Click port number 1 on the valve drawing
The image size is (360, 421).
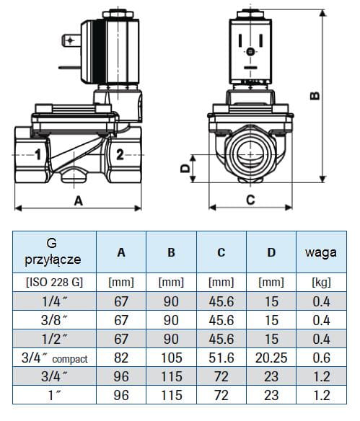38,155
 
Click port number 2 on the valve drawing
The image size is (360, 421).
120,155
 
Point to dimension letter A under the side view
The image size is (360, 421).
78,200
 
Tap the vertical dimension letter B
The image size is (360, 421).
315,96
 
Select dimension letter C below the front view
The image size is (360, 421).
250,200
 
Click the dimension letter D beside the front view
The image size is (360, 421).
185,169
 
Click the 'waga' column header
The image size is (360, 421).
321,252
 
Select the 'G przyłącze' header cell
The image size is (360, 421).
53,252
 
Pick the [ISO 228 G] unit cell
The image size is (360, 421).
54,282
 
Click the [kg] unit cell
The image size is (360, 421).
321,282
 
